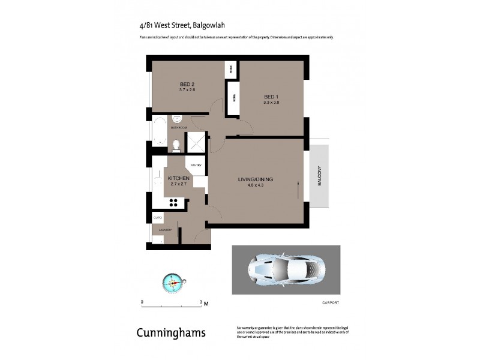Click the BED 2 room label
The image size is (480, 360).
pos(188,84)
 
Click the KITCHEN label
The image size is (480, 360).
pos(179,179)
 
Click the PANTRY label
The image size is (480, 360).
pos(196,164)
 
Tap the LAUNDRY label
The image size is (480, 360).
pos(166,230)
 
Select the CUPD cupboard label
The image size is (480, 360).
pos(158,217)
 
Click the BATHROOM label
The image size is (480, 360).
pos(179,128)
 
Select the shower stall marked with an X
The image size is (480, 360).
pos(196,141)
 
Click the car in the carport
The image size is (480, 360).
pos(286,269)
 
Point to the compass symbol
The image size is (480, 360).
pos(175,282)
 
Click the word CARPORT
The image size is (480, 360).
pos(331,302)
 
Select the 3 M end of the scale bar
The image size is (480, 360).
pos(202,302)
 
